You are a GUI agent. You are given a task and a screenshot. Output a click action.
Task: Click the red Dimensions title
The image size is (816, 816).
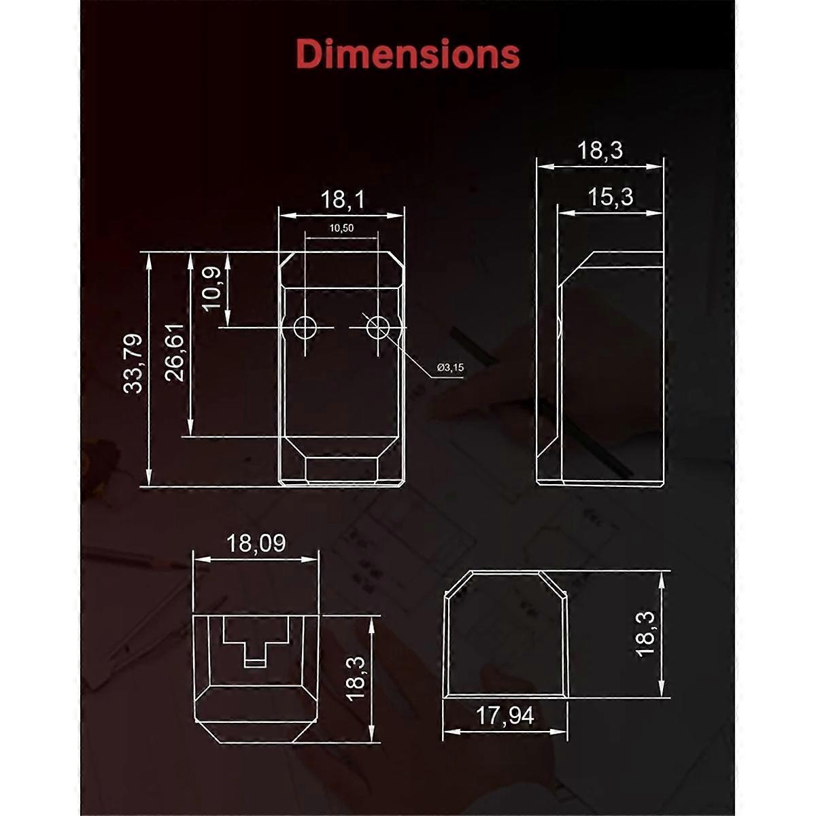click(408, 54)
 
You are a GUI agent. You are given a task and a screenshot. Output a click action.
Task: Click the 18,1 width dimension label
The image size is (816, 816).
click(342, 199)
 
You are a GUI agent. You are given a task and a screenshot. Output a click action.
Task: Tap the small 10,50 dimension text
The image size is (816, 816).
click(341, 228)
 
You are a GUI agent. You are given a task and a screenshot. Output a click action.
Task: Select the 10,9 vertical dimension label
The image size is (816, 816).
click(212, 288)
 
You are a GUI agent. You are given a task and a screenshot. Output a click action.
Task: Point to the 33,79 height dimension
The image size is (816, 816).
click(133, 362)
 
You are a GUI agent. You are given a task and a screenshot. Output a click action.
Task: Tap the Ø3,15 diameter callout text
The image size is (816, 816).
click(450, 367)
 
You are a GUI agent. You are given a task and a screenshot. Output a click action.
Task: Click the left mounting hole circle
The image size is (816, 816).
click(305, 328)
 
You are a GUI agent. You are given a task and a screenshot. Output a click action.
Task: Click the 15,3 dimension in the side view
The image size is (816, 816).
click(609, 197)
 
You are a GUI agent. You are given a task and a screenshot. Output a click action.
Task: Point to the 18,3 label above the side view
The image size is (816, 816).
click(600, 150)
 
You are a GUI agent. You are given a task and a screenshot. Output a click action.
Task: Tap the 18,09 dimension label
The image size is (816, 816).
click(256, 543)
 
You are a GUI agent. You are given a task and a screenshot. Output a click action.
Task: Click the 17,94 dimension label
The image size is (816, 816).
click(505, 715)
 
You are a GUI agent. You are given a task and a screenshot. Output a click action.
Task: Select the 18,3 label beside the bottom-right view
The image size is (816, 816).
click(645, 633)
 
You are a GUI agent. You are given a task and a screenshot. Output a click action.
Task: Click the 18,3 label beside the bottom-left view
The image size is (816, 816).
click(356, 678)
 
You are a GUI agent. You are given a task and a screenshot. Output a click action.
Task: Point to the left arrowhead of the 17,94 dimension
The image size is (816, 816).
click(447, 732)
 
